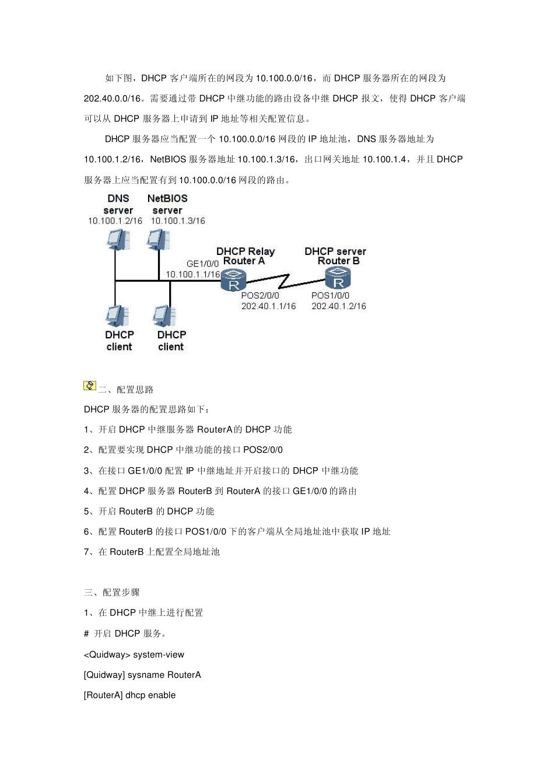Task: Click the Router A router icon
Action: [x=234, y=283]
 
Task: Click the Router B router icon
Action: [x=338, y=281]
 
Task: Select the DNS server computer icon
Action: [x=118, y=239]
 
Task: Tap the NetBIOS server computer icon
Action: [x=157, y=239]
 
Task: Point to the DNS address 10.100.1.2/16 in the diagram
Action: [x=115, y=221]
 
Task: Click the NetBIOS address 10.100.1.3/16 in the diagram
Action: [x=178, y=221]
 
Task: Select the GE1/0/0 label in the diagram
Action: [x=202, y=264]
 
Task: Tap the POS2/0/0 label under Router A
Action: [x=260, y=295]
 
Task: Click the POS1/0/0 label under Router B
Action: [x=330, y=295]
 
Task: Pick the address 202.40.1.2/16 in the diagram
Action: [x=338, y=306]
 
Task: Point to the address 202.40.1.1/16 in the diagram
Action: [x=268, y=306]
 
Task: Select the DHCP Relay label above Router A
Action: [x=245, y=251]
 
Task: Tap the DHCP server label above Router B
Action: [x=335, y=251]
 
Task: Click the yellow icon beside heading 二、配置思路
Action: [x=90, y=386]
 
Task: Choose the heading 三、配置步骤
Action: [x=111, y=592]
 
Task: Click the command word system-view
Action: [x=159, y=654]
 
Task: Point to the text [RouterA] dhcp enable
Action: [x=129, y=695]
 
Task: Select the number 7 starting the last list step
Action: [x=86, y=552]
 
